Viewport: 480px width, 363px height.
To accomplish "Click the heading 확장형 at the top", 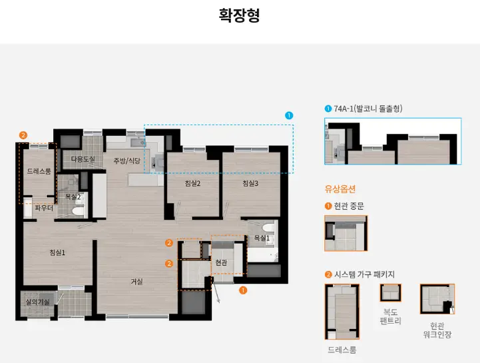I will [240, 15].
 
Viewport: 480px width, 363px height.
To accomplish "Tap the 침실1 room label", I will [57, 252].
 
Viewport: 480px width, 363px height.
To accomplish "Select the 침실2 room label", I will [193, 183].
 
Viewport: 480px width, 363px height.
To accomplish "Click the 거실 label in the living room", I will [136, 282].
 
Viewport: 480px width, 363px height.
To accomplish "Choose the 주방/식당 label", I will [126, 161].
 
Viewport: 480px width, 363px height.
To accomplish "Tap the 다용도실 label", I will [83, 159].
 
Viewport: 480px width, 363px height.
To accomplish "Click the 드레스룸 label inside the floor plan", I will [39, 171].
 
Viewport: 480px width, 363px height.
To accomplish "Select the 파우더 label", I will [43, 208].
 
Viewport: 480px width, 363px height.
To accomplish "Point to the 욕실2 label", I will [73, 196].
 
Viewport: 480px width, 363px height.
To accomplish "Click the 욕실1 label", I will [262, 238].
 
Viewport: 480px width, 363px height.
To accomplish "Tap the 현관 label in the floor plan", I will [221, 263].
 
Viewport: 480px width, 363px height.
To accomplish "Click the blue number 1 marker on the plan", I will [289, 115].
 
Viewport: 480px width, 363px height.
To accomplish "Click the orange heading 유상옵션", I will [340, 189].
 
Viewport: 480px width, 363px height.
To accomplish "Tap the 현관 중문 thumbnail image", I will [346, 233].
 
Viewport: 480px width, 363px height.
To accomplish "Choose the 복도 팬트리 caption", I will [390, 316].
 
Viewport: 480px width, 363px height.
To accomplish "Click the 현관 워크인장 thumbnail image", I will [437, 299].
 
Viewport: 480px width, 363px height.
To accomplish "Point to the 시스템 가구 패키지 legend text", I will [365, 274].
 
